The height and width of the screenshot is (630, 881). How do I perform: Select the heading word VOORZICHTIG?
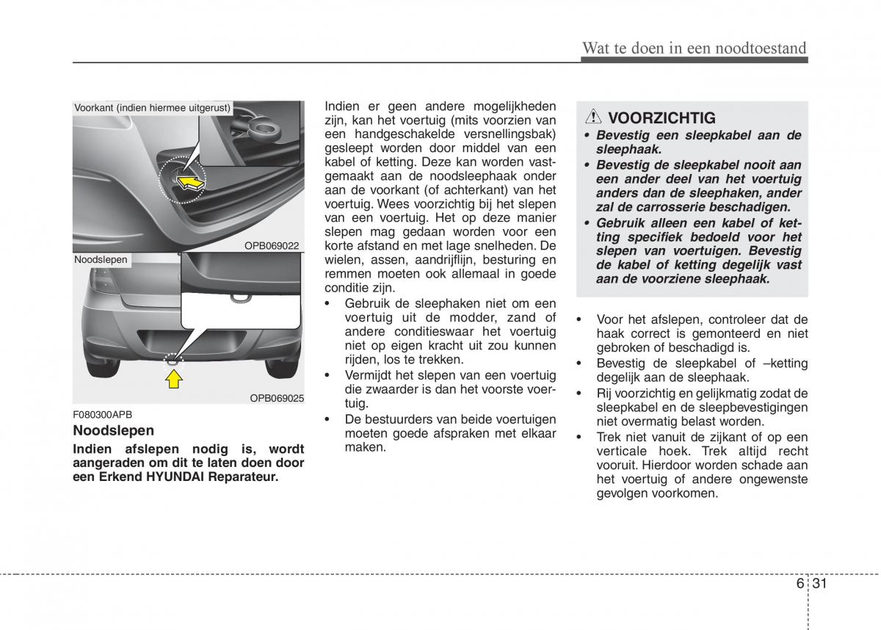(x=661, y=117)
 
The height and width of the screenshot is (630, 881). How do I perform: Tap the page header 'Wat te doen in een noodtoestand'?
(x=694, y=48)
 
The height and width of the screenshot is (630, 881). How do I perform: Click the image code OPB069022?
(x=272, y=245)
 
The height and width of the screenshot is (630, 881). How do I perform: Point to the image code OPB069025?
(x=277, y=398)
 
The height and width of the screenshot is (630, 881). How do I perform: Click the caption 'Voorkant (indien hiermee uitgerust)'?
(x=152, y=108)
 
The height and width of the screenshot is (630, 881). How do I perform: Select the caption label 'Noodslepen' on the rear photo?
(x=101, y=259)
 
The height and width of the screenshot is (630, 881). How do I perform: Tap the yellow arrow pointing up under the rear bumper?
(x=173, y=378)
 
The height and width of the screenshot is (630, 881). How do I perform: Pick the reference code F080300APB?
(x=103, y=415)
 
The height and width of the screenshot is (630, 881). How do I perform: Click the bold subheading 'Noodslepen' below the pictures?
(x=113, y=431)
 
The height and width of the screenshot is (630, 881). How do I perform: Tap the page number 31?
(x=820, y=584)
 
